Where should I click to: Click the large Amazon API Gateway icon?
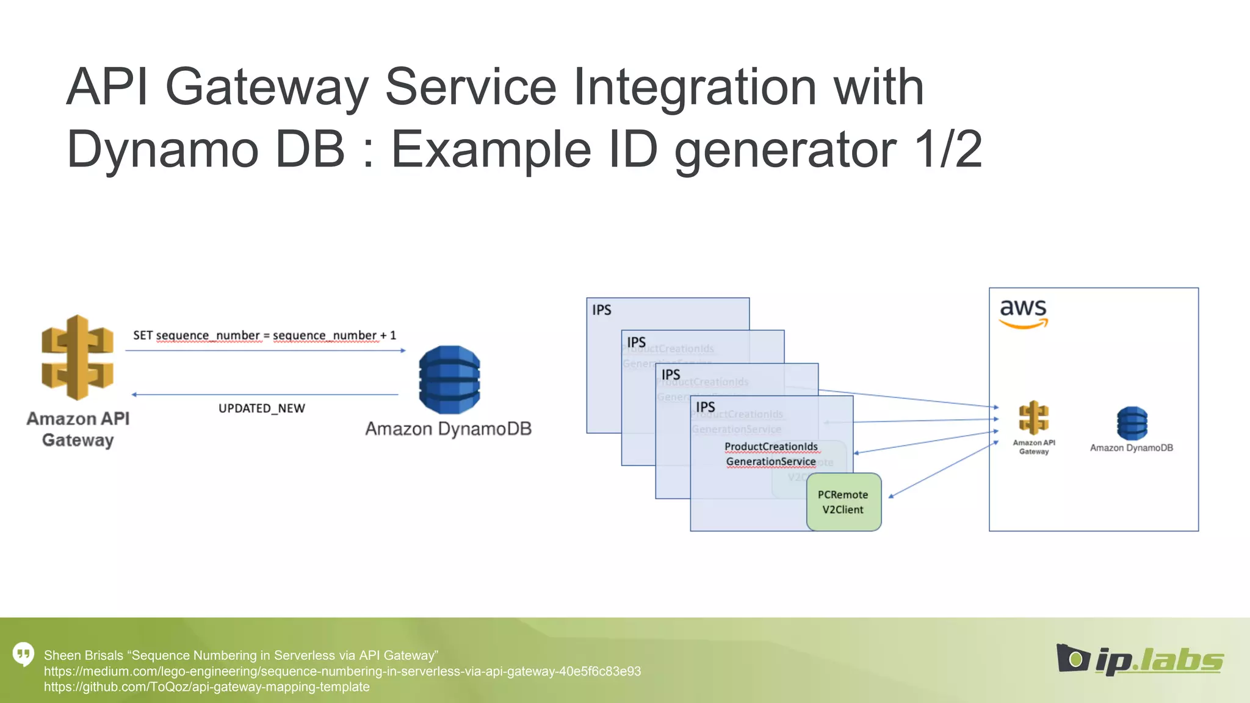[78, 358]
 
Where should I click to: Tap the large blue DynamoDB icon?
[449, 380]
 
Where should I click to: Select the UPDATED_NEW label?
[261, 408]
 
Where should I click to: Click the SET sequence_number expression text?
[264, 335]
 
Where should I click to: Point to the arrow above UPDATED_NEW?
[265, 395]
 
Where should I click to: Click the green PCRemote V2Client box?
[844, 502]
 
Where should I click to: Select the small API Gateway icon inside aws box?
[1033, 418]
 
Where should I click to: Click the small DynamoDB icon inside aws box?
[1132, 424]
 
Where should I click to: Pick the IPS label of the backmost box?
[601, 310]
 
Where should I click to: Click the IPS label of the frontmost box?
[705, 407]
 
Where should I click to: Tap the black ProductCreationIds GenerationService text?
[771, 454]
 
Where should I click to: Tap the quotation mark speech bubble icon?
[24, 654]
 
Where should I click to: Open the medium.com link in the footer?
[342, 671]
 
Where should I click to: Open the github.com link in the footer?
[206, 687]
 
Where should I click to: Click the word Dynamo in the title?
[162, 150]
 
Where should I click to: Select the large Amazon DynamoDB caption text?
[448, 429]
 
